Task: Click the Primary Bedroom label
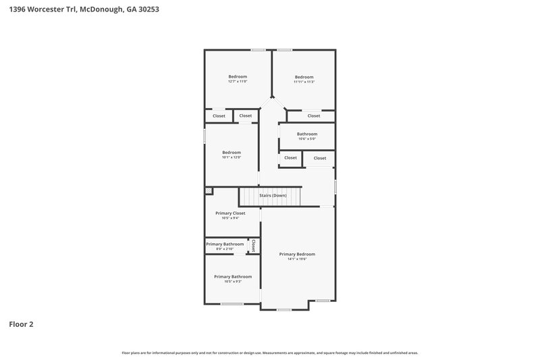click(297, 254)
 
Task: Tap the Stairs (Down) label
click(273, 195)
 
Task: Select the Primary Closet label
click(230, 213)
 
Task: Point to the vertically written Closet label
click(253, 247)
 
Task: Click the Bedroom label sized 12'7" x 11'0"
click(238, 76)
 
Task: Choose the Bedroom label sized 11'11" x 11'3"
click(304, 77)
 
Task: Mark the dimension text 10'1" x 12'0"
click(232, 157)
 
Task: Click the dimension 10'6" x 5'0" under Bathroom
click(307, 139)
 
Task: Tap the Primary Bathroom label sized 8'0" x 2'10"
click(225, 244)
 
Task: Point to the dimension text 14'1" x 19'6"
click(297, 259)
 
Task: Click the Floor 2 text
click(21, 324)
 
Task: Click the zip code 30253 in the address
click(148, 10)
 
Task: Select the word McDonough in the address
click(102, 10)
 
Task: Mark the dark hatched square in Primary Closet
click(209, 191)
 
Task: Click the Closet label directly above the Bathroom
click(314, 115)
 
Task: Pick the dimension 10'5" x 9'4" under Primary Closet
click(230, 218)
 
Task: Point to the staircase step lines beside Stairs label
click(253, 197)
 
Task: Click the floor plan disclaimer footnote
click(269, 353)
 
